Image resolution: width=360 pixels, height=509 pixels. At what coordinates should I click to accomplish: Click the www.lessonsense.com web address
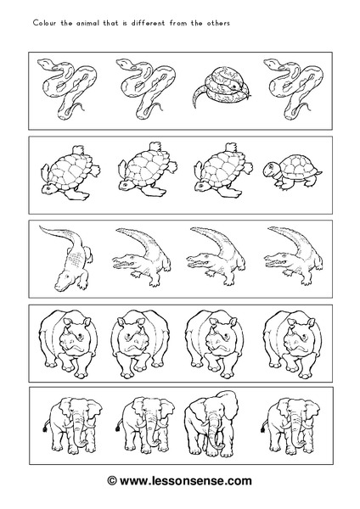tap(186, 480)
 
